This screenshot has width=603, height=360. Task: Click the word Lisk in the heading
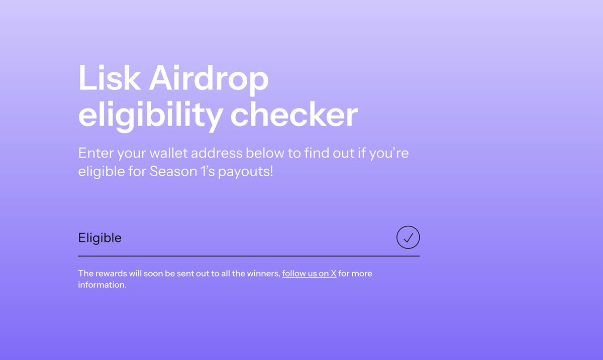point(109,79)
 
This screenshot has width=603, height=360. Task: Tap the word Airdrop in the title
point(209,79)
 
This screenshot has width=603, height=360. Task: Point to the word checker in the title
point(294,115)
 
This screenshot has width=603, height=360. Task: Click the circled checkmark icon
point(408,237)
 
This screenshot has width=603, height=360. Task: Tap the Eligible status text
point(99,238)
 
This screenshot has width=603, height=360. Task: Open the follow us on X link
point(309,274)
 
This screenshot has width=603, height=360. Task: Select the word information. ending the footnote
point(102,285)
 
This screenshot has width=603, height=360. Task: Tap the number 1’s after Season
point(203,171)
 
